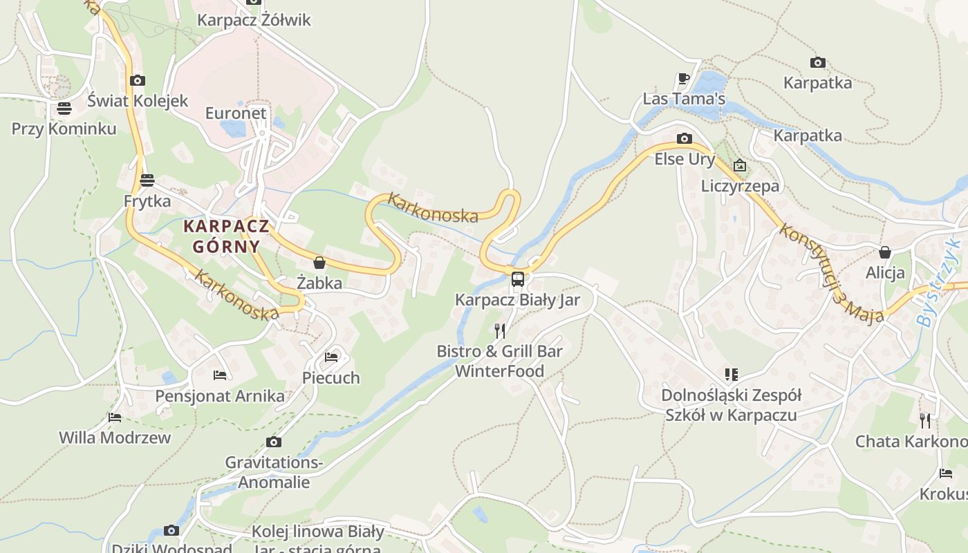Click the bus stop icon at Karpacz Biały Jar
point(517,279)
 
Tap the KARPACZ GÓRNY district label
point(226,236)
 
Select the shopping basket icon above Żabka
point(319,263)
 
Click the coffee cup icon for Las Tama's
point(684,79)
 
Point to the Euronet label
point(236,113)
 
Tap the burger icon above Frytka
point(147,181)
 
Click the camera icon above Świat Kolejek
point(138,81)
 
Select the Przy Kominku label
point(64,129)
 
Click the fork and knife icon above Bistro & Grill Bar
point(500,330)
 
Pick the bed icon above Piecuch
point(331,357)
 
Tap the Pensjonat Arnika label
point(219,396)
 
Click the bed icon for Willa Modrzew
point(115,418)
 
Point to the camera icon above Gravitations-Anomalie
point(274,442)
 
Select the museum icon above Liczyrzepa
point(740,165)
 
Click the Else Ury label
point(685,159)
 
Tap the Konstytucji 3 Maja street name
point(830,273)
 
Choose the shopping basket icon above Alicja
point(884,252)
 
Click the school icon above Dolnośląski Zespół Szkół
point(731,375)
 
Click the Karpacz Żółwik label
point(254,20)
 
